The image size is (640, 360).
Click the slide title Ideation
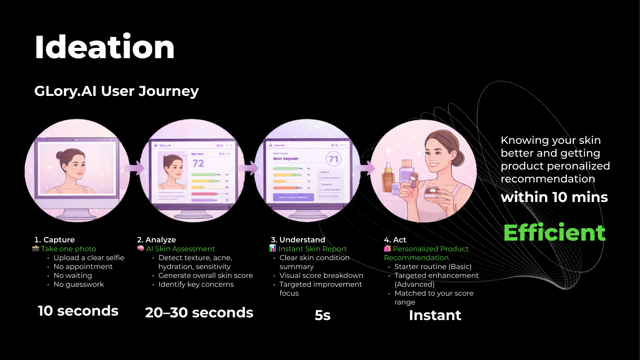point(104,47)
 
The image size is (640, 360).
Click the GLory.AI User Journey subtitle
point(116,91)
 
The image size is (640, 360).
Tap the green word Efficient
point(554,233)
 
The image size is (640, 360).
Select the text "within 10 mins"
point(554,197)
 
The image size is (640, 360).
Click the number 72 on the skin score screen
point(198,163)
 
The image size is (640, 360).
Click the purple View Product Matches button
point(293,197)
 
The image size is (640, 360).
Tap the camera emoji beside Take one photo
point(36,249)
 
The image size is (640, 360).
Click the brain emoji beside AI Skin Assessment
point(141,249)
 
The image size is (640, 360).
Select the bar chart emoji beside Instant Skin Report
point(273,249)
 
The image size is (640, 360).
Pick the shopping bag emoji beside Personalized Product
point(387,249)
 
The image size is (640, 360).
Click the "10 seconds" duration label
point(78,311)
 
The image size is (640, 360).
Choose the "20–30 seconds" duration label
point(199,313)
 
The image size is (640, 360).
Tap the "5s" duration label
point(323,315)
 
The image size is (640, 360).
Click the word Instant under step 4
point(435,315)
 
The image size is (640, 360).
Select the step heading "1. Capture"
point(55,240)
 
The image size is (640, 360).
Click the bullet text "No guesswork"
point(79,284)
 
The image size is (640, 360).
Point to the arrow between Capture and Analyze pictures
point(137,167)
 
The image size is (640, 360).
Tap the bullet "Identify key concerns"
point(196,284)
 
